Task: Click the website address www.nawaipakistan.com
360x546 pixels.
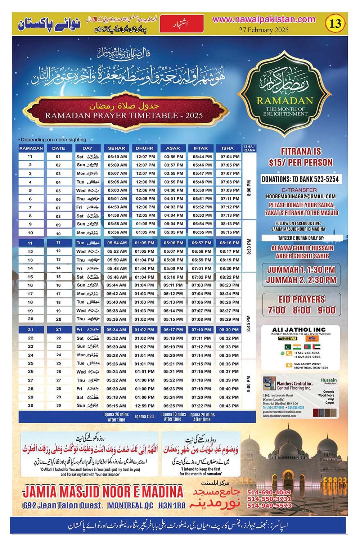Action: (264, 19)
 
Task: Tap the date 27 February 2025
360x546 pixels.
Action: (264, 30)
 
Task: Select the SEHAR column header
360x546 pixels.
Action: (117, 148)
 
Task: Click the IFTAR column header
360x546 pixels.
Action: (201, 148)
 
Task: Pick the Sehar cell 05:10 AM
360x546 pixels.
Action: (117, 157)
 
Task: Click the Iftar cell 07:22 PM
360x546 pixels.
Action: (201, 406)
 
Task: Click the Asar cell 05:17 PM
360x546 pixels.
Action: (173, 330)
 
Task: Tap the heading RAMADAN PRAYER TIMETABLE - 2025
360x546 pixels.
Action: (124, 116)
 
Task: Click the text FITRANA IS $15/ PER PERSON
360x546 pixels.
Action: (301, 157)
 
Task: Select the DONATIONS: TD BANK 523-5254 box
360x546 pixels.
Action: (300, 179)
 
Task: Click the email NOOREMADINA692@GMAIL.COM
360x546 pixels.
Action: (301, 197)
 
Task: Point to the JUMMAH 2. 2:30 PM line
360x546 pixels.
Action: (301, 280)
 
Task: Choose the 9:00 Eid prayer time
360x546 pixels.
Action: (326, 310)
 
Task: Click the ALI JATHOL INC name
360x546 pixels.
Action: (299, 329)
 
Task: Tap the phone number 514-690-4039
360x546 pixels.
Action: (269, 492)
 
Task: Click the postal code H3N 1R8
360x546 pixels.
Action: (172, 505)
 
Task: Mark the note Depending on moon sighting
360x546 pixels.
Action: (53, 140)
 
